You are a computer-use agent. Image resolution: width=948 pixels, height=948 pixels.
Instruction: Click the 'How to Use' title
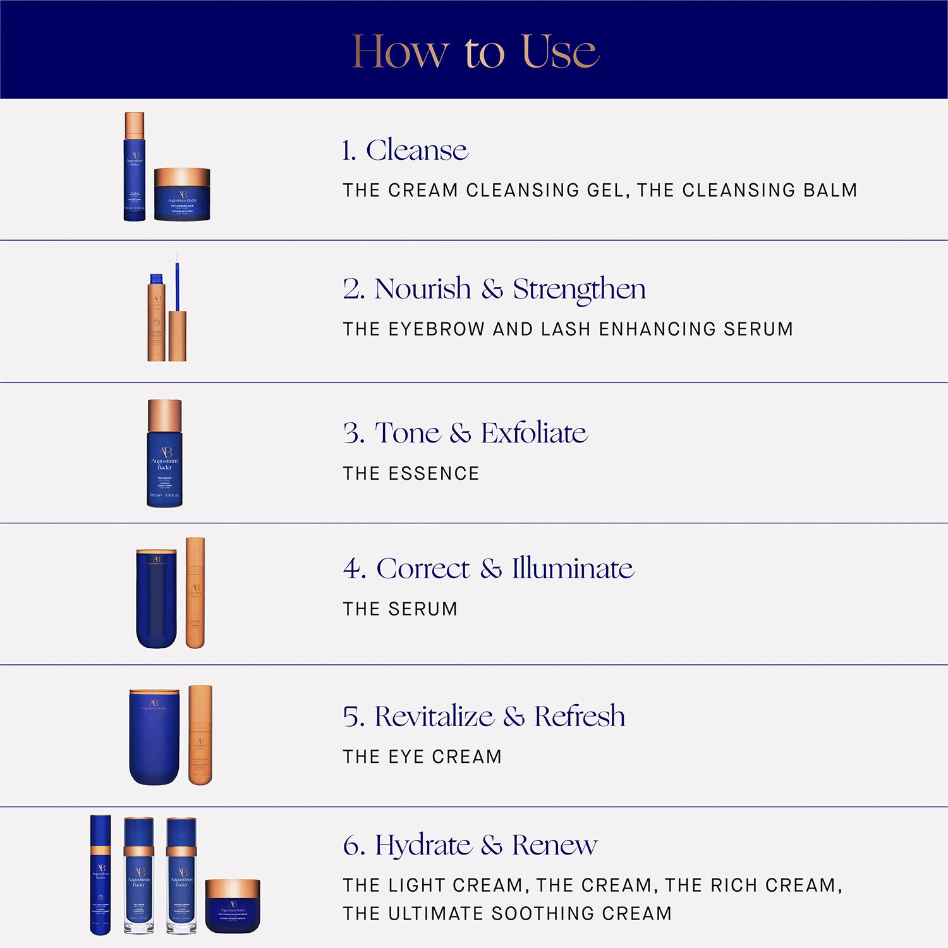tap(475, 52)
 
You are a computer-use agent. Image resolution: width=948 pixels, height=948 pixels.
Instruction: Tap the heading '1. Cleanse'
tap(404, 150)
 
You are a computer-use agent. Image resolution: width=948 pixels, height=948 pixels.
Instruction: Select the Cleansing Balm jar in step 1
tap(182, 195)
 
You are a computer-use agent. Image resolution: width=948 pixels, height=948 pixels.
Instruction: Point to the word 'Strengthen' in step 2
tap(579, 289)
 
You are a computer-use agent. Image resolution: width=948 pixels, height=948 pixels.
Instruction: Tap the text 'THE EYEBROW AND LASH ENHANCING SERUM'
tap(568, 329)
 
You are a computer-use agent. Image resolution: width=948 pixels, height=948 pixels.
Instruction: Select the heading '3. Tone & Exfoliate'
tap(465, 434)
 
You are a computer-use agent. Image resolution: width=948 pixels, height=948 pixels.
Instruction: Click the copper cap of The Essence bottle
tap(164, 415)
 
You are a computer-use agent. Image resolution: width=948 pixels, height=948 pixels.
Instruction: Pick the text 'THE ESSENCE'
tap(411, 473)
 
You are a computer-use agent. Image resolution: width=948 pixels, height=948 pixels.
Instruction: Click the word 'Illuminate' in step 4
tap(573, 569)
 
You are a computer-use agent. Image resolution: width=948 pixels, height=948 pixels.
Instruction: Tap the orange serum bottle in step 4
tap(195, 593)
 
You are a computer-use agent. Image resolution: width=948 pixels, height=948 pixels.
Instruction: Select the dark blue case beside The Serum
tap(156, 598)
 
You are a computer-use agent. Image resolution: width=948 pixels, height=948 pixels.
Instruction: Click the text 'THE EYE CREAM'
tap(422, 757)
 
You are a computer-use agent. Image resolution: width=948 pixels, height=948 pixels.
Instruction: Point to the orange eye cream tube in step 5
tap(200, 735)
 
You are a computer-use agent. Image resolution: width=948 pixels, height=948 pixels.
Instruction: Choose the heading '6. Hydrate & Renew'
tap(470, 846)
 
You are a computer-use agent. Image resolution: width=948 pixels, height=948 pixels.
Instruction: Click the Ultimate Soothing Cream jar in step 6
tap(233, 906)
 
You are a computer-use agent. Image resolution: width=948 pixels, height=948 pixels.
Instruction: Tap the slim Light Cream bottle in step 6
tap(100, 875)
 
